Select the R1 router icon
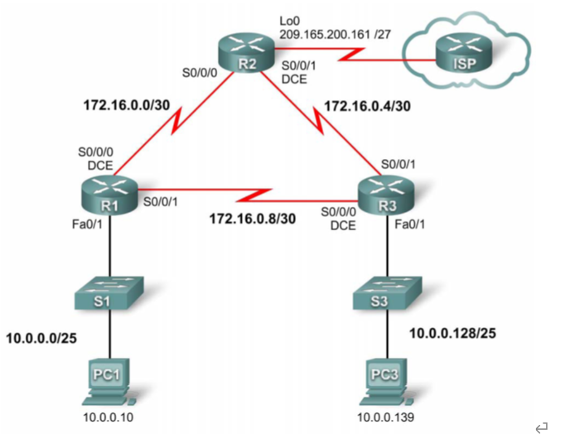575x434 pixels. click(109, 190)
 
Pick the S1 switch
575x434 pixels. click(109, 296)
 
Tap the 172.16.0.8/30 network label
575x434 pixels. click(252, 219)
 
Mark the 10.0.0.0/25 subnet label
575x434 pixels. click(44, 337)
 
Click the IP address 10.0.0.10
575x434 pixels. click(108, 419)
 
